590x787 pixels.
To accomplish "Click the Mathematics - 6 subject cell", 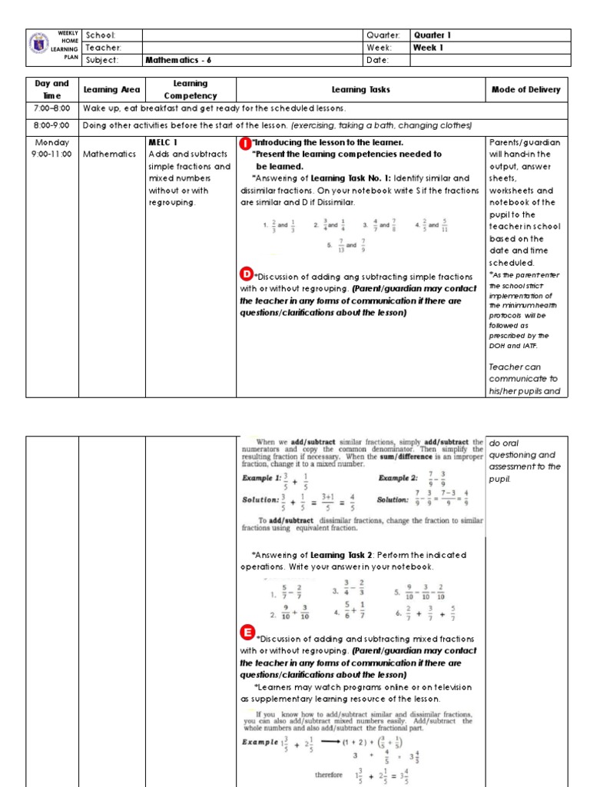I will (178, 60).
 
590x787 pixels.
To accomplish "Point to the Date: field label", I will (378, 60).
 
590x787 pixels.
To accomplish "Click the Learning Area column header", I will (111, 90).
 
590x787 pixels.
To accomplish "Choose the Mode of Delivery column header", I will (525, 90).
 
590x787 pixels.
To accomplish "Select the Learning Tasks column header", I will (360, 90).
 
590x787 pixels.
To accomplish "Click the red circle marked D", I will (247, 274).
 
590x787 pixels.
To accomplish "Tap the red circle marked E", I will (247, 632).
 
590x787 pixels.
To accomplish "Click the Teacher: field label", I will (103, 48).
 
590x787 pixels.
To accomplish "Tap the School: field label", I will (101, 35).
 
